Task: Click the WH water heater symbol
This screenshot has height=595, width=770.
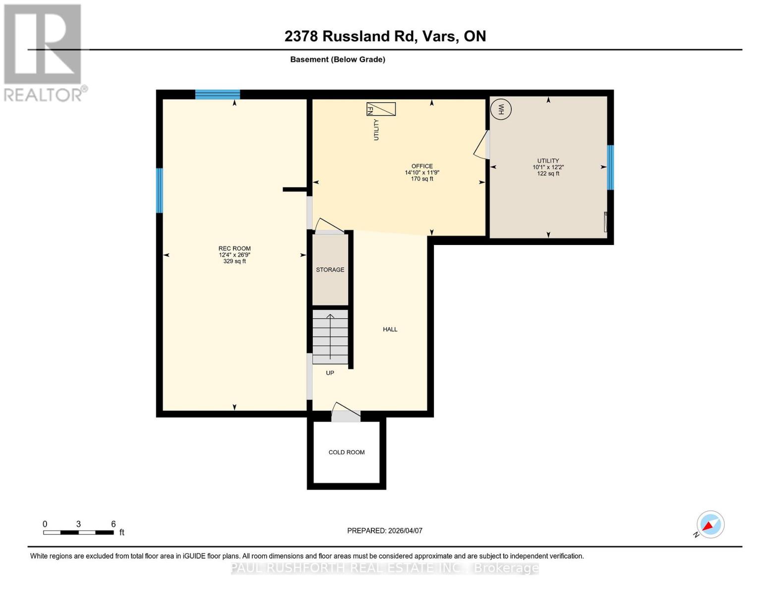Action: point(501,109)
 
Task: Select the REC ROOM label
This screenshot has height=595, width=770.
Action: point(235,248)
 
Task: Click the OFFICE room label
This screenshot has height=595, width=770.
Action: point(422,166)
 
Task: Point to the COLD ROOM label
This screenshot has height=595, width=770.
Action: point(347,452)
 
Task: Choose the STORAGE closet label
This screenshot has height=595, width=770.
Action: point(330,270)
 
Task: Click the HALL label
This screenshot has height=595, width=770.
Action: point(390,329)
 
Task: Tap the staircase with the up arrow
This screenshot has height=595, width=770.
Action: point(330,337)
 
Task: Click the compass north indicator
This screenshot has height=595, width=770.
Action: point(710,525)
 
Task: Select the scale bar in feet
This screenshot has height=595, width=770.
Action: point(78,532)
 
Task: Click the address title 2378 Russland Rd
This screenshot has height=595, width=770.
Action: point(385,36)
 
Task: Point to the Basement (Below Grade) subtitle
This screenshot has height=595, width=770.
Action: point(338,59)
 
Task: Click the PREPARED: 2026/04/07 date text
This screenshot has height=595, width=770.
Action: point(385,531)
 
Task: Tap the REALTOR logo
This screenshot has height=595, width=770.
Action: point(44,52)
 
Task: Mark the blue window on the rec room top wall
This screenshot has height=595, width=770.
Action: point(217,94)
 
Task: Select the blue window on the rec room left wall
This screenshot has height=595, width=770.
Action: point(159,190)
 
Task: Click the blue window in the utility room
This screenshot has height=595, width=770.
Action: point(610,167)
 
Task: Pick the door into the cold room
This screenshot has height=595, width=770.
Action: point(346,414)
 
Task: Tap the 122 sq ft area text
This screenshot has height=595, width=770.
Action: point(548,174)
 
